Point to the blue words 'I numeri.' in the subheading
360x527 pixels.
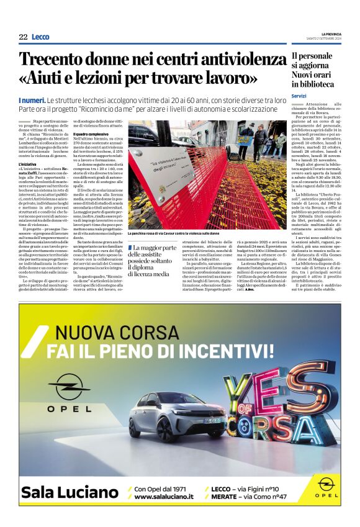pyautogui.click(x=32, y=100)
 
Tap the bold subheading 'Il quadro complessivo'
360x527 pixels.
pyautogui.click(x=94, y=133)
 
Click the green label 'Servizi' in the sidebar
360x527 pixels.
pyautogui.click(x=299, y=96)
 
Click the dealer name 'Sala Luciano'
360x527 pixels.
pyautogui.click(x=69, y=492)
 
